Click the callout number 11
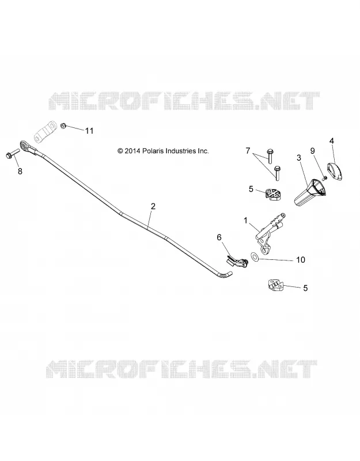coord(89,131)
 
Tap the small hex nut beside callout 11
coord(63,126)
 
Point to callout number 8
coord(20,171)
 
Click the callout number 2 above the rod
coord(153,206)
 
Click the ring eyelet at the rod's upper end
coord(24,146)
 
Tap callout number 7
coord(248,151)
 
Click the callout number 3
coord(299,158)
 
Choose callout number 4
coord(332,141)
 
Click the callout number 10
coord(301,260)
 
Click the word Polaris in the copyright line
coord(153,151)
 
